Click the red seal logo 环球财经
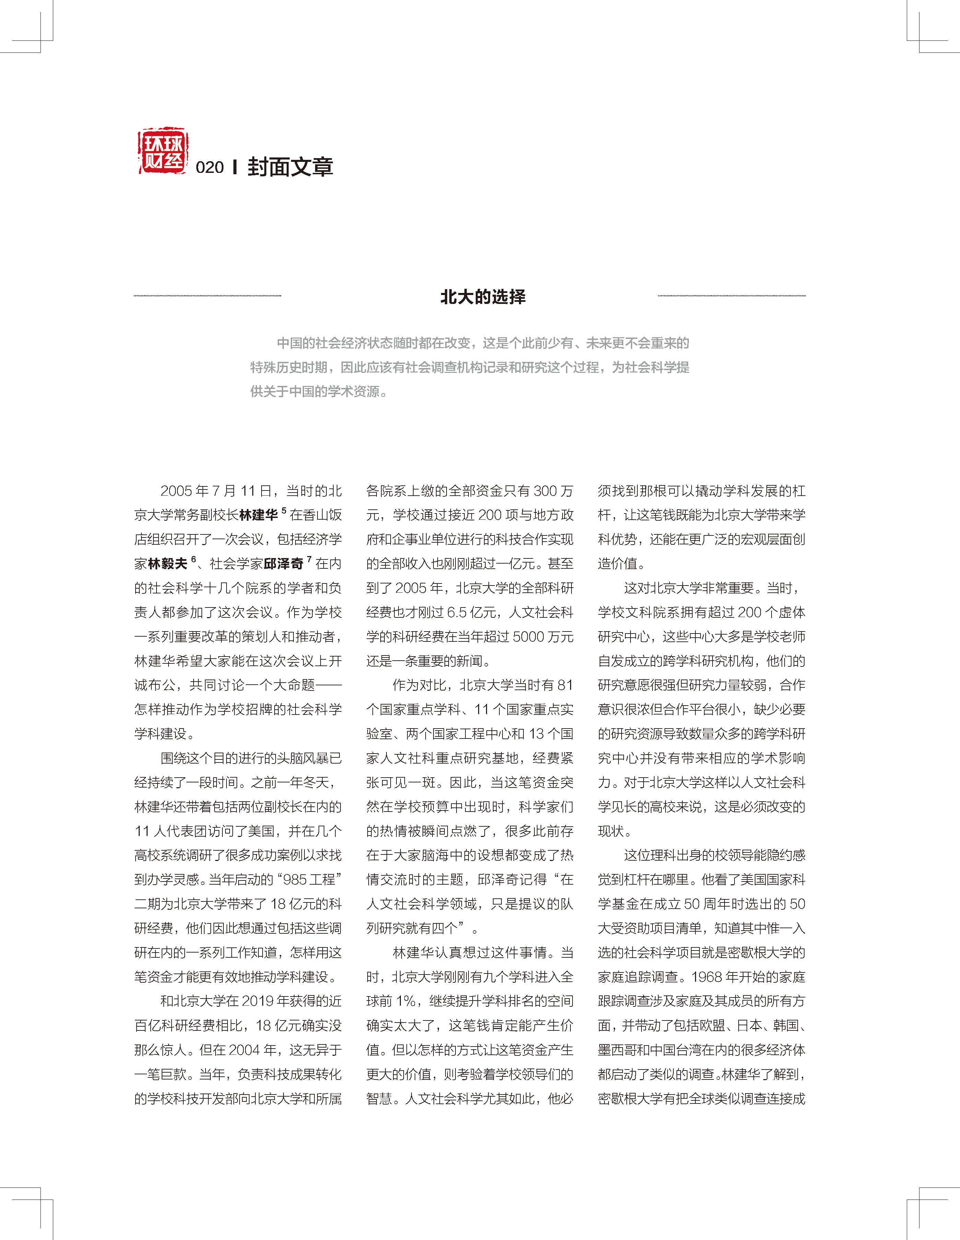(x=163, y=151)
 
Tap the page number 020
(x=210, y=167)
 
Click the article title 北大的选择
(x=483, y=296)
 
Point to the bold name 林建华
(x=258, y=515)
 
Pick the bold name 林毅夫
(x=167, y=564)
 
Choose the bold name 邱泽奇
(x=284, y=564)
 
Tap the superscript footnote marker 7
(x=309, y=559)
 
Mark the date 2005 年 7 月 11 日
(x=216, y=491)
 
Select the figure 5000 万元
(x=543, y=637)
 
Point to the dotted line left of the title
(x=207, y=296)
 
